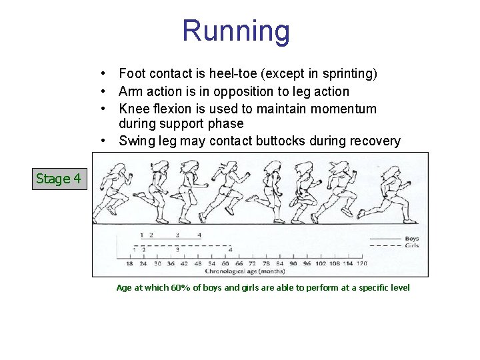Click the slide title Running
tap(236, 31)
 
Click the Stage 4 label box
tap(59, 179)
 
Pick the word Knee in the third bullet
tap(132, 109)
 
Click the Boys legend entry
tap(411, 239)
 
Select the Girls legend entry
tap(411, 245)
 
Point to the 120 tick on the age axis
tap(361, 264)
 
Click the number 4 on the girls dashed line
tap(230, 250)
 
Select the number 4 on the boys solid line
tap(199, 235)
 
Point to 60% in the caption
tap(180, 287)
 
